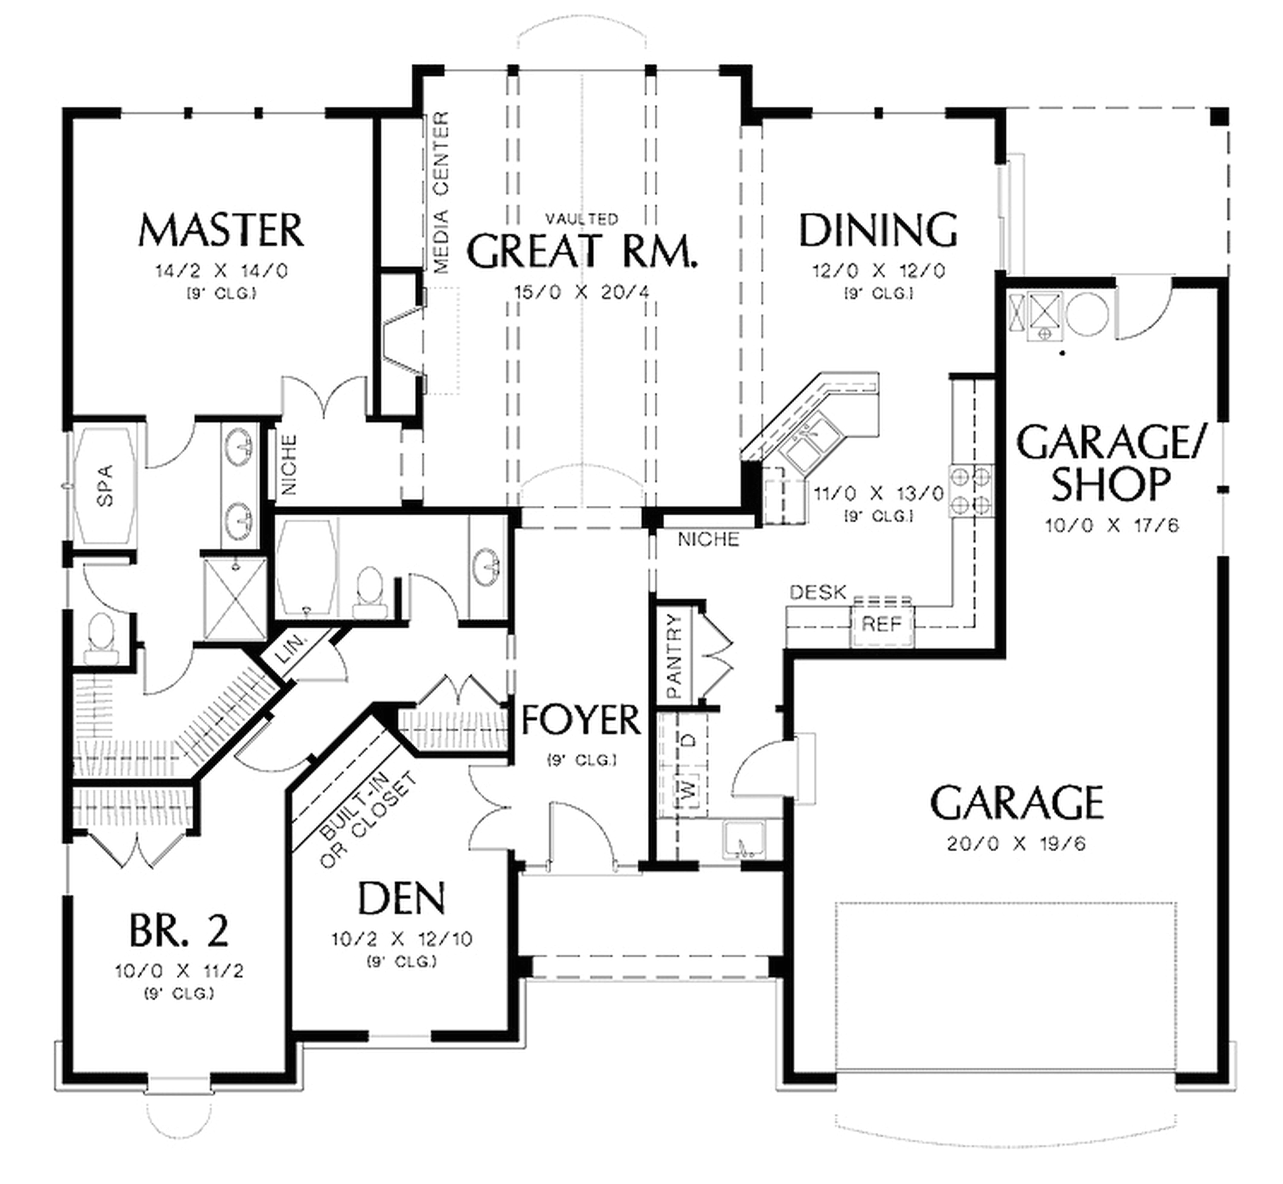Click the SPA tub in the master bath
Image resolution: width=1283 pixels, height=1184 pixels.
(x=106, y=486)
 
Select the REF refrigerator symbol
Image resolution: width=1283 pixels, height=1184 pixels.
(x=881, y=623)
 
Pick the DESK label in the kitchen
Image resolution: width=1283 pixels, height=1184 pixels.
(x=818, y=592)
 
